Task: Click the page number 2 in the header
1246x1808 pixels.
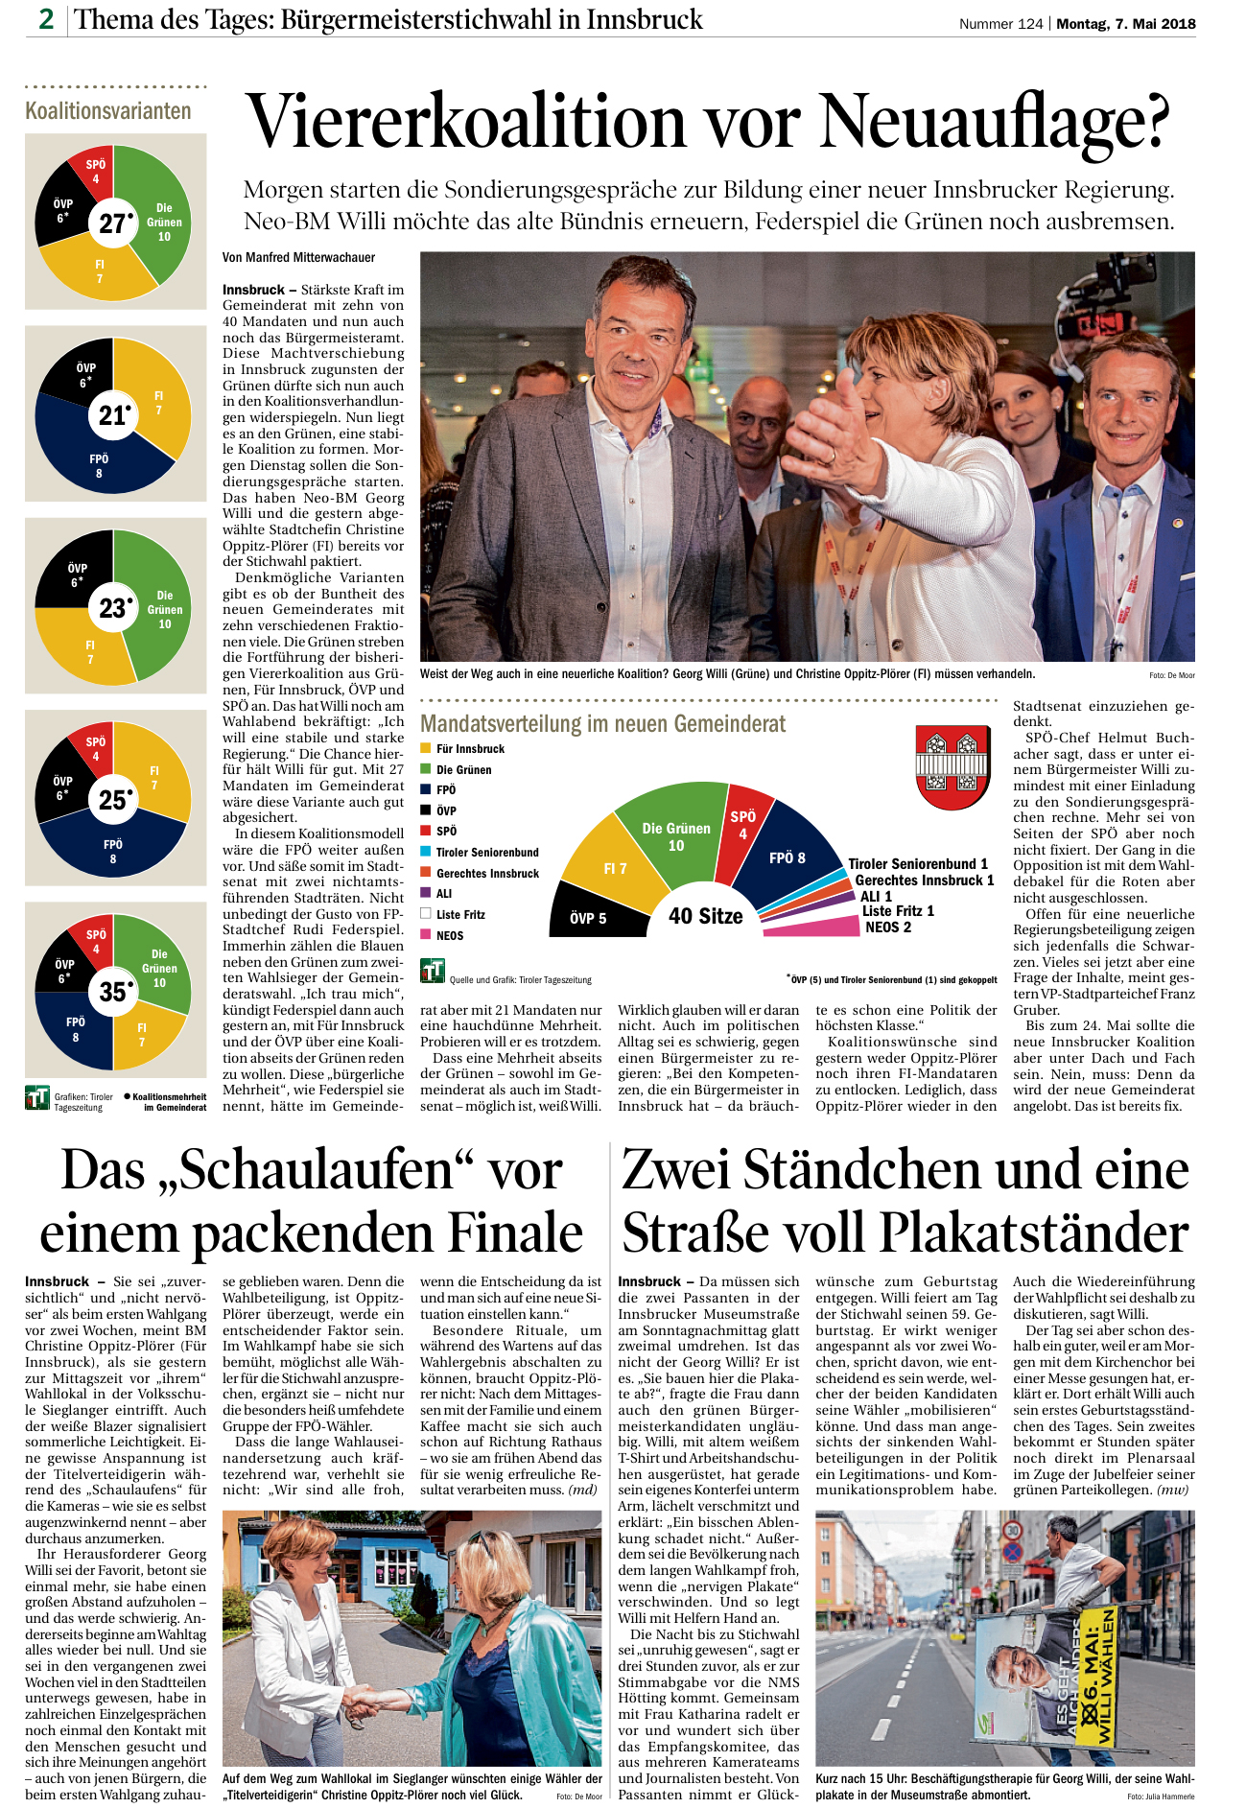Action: [x=46, y=18]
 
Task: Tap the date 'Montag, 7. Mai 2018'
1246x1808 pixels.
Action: [x=1126, y=24]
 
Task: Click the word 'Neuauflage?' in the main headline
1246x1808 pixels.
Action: [x=995, y=123]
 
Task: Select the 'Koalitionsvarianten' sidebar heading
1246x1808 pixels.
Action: [x=108, y=111]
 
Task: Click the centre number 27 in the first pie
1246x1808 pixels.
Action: [x=113, y=223]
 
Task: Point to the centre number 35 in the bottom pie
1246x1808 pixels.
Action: [x=113, y=992]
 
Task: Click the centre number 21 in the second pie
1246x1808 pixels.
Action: [x=113, y=415]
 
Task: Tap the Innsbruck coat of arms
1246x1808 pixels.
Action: [x=952, y=768]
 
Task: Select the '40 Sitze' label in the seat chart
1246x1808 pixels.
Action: [x=706, y=916]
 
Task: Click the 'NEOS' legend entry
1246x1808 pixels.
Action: [x=449, y=935]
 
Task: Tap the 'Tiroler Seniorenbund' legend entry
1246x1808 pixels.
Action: [x=486, y=852]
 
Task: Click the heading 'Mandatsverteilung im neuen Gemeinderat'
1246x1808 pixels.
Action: [x=602, y=724]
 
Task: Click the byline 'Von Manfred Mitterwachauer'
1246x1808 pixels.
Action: [x=298, y=257]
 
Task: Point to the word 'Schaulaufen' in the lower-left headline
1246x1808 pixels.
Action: [x=313, y=1171]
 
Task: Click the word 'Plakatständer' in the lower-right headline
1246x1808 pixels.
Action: [x=1034, y=1233]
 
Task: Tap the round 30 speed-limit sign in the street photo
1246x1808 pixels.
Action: [x=1012, y=1531]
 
